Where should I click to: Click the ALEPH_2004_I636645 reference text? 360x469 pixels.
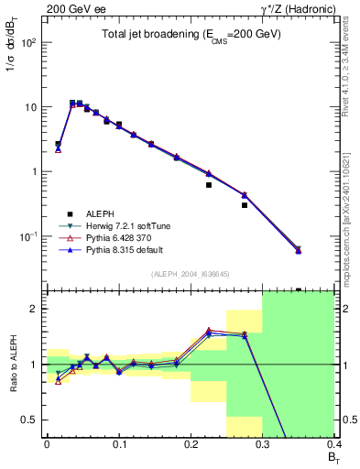[x=190, y=274]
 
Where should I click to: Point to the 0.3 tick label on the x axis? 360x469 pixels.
[x=262, y=445]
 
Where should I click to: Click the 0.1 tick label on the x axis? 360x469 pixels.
[x=118, y=445]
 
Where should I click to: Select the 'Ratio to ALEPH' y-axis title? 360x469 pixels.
[x=13, y=364]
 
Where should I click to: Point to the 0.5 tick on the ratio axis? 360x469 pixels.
[x=33, y=420]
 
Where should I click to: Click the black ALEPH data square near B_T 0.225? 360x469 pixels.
[x=209, y=185]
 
